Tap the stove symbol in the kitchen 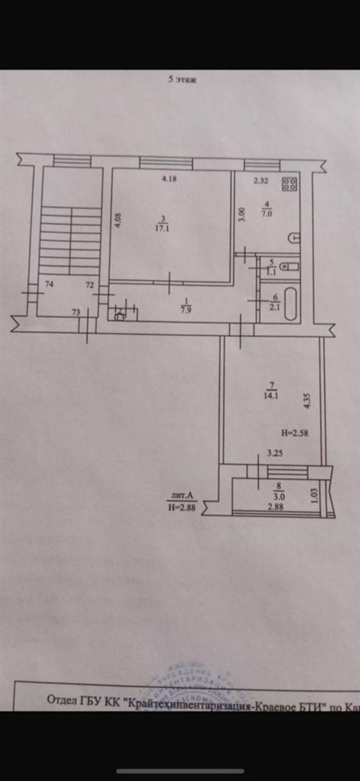[x=289, y=185]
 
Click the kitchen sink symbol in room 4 [x=294, y=238]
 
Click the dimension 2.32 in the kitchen [x=261, y=181]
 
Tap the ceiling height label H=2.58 [x=295, y=433]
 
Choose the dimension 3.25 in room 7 [x=275, y=453]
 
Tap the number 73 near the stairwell [x=76, y=312]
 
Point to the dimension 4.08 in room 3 [x=117, y=220]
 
